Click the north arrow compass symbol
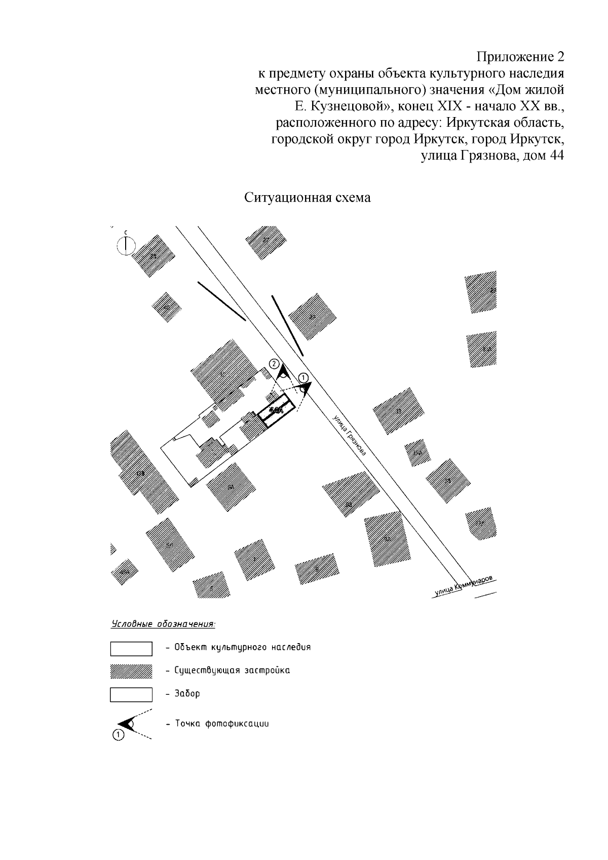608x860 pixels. point(126,245)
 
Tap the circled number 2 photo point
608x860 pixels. point(274,364)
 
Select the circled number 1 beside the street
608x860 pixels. point(303,378)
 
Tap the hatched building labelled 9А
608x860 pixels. point(387,539)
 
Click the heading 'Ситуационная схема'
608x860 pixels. point(308,198)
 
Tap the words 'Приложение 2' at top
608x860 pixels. point(521,56)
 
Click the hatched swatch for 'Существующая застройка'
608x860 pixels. point(131,671)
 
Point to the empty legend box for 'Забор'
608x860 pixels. point(131,694)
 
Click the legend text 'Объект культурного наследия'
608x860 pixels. point(242,648)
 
